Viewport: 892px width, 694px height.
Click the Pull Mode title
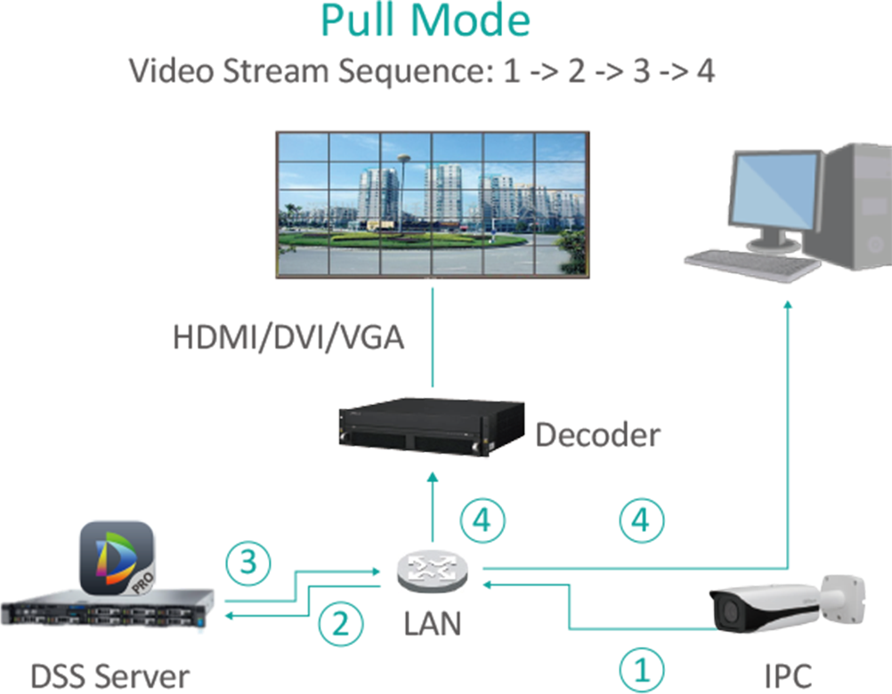tap(425, 21)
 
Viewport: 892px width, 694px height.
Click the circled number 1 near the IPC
tap(642, 668)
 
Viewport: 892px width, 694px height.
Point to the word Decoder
tap(597, 436)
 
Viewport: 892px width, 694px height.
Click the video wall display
tap(430, 204)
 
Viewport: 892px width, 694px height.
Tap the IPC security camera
tap(783, 606)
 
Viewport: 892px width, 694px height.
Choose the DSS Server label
tap(110, 675)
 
